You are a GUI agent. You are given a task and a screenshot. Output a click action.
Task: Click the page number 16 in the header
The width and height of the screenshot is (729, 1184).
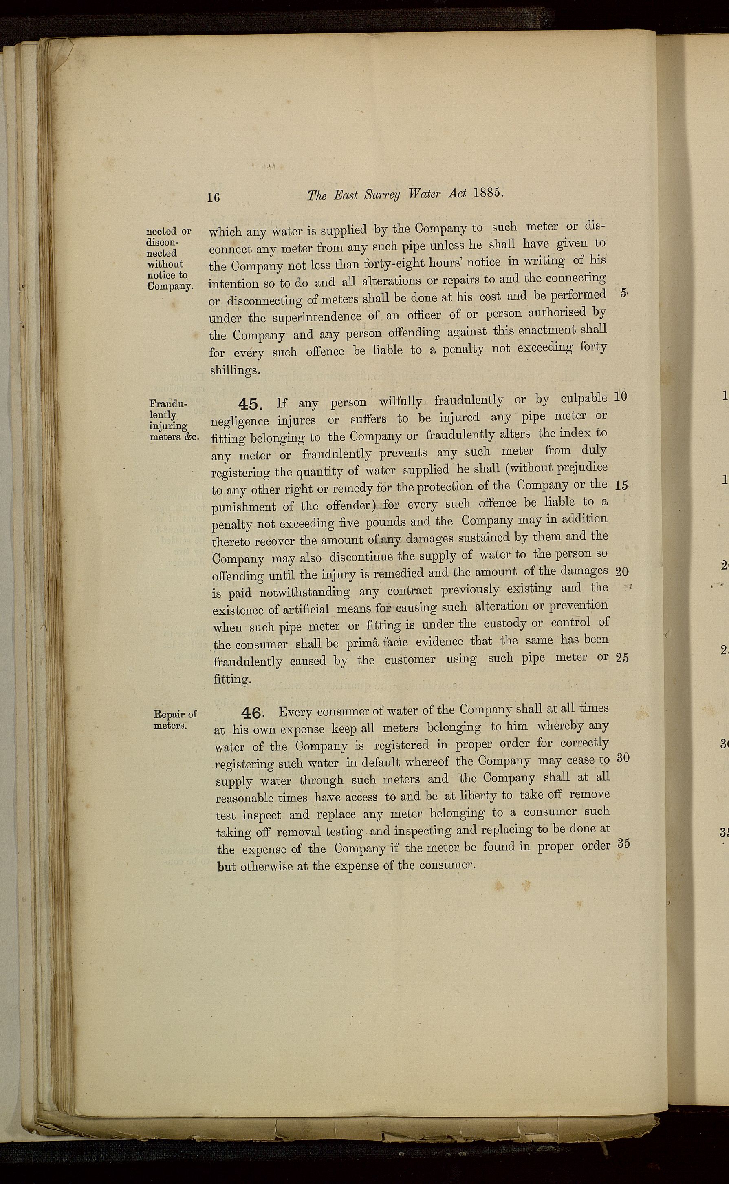(214, 197)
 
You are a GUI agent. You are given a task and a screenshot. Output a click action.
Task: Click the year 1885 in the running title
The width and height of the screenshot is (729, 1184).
(489, 193)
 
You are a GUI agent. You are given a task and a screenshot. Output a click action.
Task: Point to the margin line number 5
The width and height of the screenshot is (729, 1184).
(623, 293)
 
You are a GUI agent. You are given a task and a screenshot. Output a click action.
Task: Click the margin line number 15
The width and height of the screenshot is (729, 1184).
(622, 486)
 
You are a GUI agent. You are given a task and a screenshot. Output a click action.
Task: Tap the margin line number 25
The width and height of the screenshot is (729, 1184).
(622, 658)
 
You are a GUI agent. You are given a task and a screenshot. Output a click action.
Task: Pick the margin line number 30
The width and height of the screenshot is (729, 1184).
(623, 757)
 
